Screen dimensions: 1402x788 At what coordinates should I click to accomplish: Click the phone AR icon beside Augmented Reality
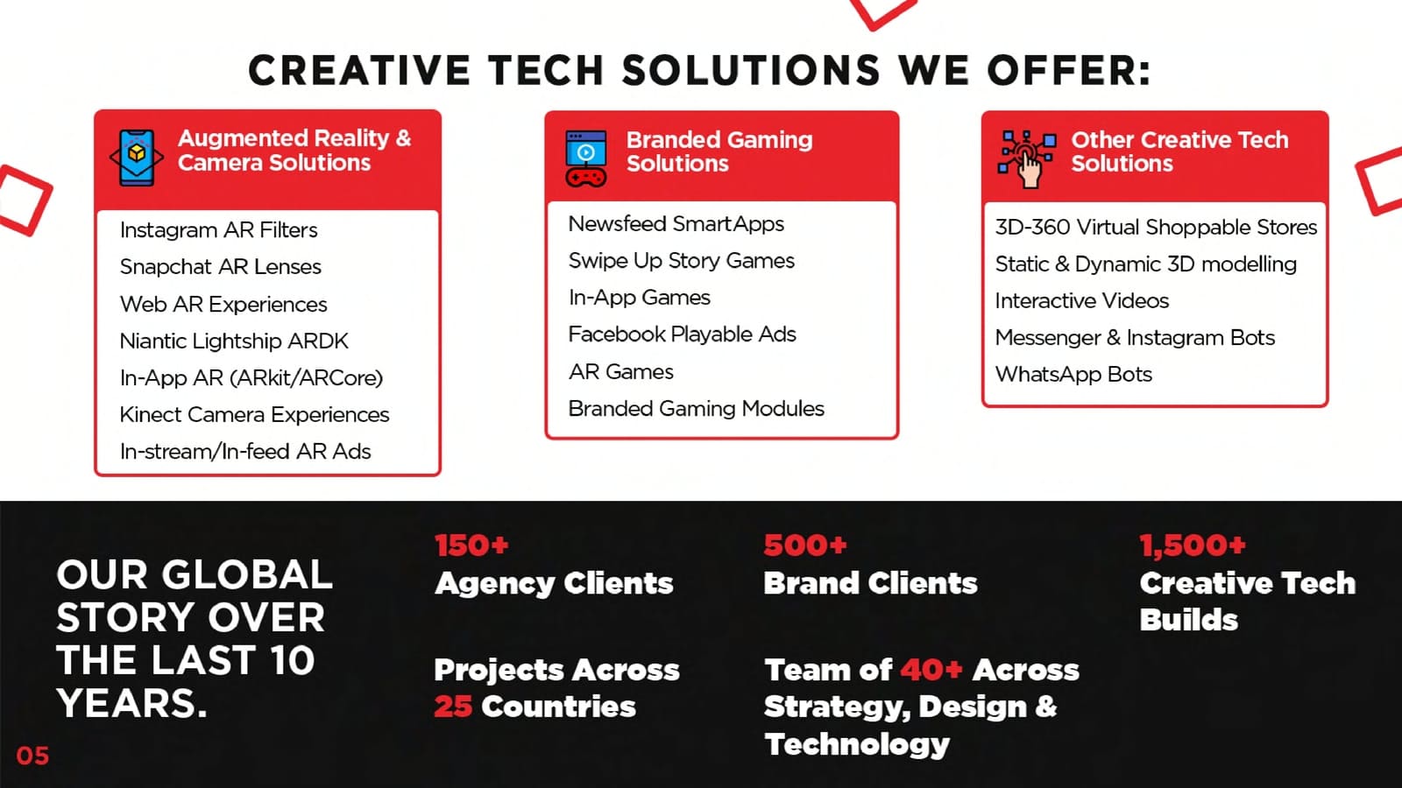click(137, 158)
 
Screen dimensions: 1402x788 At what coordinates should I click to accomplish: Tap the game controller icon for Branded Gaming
click(586, 158)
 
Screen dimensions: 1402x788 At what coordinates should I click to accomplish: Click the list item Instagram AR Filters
click(218, 230)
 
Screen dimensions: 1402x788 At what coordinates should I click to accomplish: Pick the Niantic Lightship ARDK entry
click(234, 341)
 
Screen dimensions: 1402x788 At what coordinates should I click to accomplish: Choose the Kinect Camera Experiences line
click(254, 415)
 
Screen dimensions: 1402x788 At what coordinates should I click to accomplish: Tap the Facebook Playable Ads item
click(682, 334)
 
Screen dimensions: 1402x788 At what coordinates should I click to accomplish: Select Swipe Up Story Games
click(681, 261)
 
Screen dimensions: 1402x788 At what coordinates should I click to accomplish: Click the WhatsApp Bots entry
click(1073, 375)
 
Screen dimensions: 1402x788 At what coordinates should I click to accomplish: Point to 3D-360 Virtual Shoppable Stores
click(1156, 227)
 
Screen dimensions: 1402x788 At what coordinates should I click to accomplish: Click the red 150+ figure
click(472, 545)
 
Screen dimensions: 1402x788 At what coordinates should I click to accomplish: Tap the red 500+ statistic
click(805, 545)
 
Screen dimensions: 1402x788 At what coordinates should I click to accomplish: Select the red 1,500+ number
click(1193, 545)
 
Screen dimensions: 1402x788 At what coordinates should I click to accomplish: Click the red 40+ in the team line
click(931, 670)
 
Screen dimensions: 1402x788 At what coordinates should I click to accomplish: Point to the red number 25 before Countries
click(453, 707)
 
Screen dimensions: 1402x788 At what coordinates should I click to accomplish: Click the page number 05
click(32, 756)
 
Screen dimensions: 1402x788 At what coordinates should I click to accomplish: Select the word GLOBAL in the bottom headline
click(247, 574)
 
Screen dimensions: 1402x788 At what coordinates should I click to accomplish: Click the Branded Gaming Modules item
click(696, 408)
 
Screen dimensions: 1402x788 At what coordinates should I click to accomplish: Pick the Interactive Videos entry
click(1082, 301)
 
